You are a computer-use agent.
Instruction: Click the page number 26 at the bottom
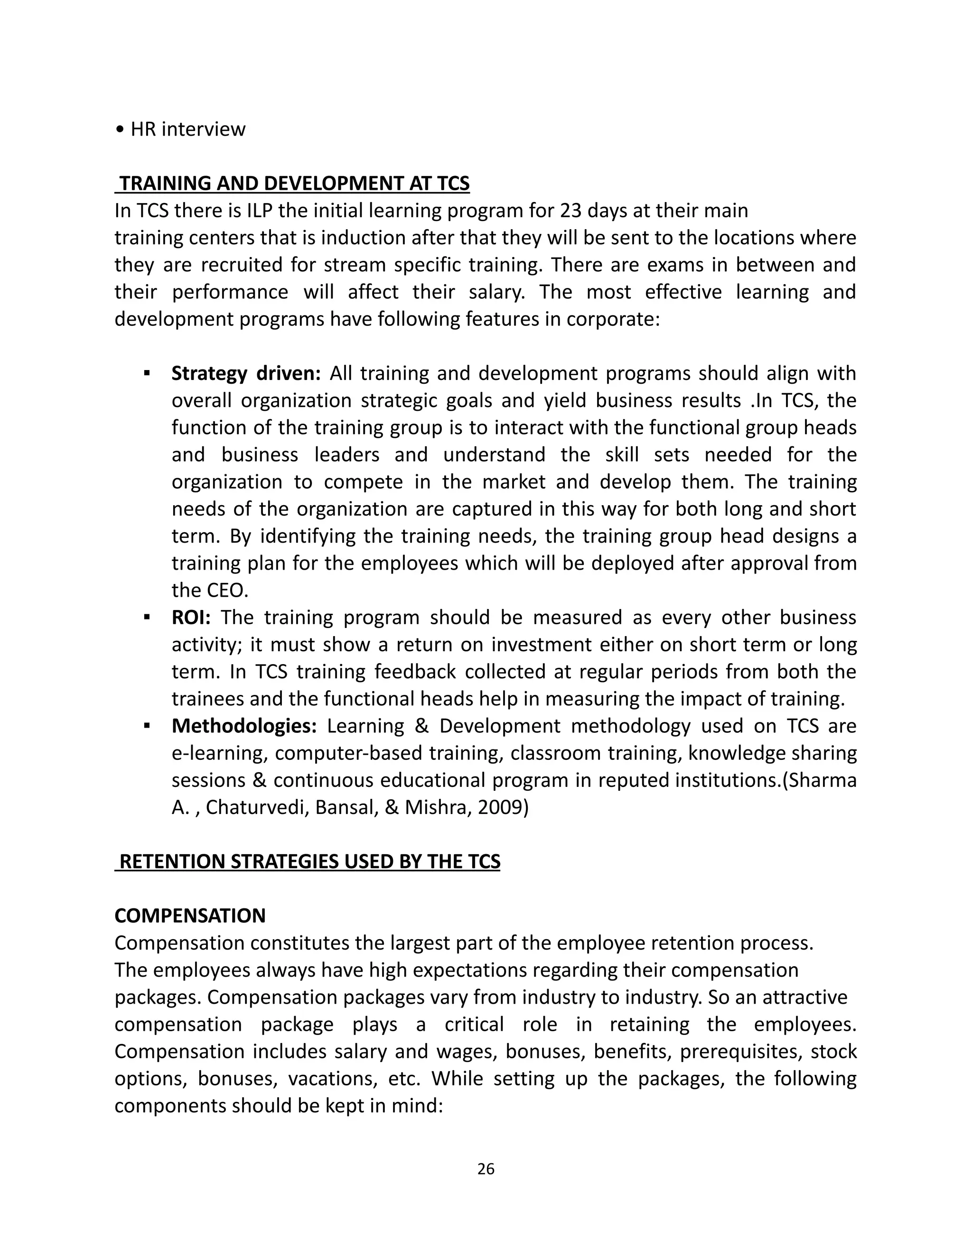pyautogui.click(x=486, y=1168)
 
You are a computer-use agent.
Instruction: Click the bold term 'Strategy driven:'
pyautogui.click(x=246, y=373)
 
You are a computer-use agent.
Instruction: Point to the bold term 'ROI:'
pyautogui.click(x=191, y=618)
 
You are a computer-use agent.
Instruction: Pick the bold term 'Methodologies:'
pyautogui.click(x=244, y=726)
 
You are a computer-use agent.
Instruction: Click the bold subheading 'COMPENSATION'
pyautogui.click(x=190, y=915)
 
